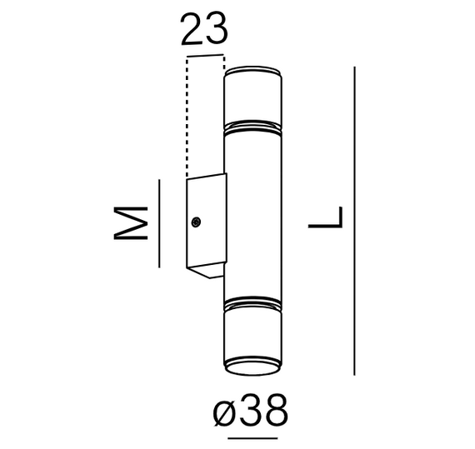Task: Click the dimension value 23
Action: coord(203,31)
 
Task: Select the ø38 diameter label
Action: coord(251,411)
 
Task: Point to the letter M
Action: coord(132,223)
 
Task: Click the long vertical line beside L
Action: coord(356,221)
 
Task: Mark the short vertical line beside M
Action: coord(157,223)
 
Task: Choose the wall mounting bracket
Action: coord(205,223)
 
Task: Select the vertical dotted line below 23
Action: coord(188,117)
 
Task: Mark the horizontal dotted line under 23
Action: coord(206,57)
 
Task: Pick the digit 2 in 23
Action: coord(192,31)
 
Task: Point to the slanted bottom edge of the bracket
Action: coord(206,271)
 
